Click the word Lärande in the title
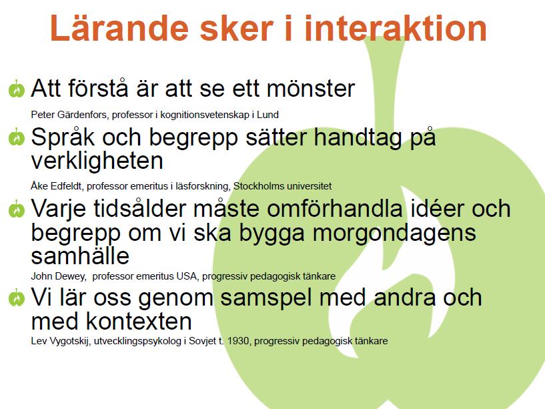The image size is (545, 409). tap(119, 28)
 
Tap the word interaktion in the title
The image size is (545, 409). tap(396, 28)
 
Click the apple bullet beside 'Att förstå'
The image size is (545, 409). tap(16, 89)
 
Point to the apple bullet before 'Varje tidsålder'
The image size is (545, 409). tap(16, 209)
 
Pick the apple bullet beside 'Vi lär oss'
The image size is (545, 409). tap(16, 298)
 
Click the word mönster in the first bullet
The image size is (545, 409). tap(311, 88)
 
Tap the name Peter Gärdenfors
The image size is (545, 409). tap(69, 115)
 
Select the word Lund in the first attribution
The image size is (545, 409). tap(267, 115)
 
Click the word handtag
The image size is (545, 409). tap(358, 137)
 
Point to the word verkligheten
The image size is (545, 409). tap(97, 160)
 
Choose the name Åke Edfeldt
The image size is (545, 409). tap(57, 186)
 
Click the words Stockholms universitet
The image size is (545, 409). tap(282, 186)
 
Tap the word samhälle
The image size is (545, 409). tap(80, 256)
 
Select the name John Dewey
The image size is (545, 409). tap(59, 276)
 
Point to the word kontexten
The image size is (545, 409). tap(139, 321)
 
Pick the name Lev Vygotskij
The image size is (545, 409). tap(61, 341)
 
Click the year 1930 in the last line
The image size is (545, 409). tap(238, 341)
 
